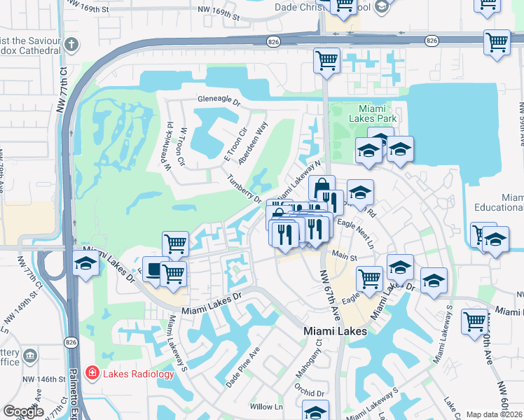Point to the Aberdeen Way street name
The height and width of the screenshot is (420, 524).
point(253,143)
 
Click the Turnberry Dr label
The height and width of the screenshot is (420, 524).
point(244,188)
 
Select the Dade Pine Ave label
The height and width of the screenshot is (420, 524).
point(242,366)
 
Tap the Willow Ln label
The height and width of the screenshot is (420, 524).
point(266,406)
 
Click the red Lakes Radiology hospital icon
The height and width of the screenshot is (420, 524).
point(92,373)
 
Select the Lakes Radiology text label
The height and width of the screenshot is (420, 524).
point(138,374)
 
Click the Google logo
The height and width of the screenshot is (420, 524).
point(24,412)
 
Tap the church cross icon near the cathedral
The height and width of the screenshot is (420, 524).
point(71,45)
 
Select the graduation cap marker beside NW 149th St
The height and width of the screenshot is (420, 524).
point(85,265)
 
